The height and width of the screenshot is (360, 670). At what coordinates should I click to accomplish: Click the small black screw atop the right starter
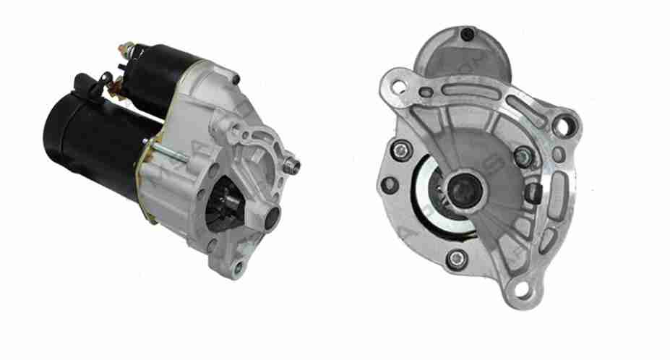(x=467, y=34)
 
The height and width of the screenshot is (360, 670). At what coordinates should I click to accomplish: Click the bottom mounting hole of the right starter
(x=521, y=290)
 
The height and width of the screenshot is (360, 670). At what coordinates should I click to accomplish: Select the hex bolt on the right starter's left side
(x=399, y=150)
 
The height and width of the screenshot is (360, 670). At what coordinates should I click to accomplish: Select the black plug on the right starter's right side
(x=534, y=192)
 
